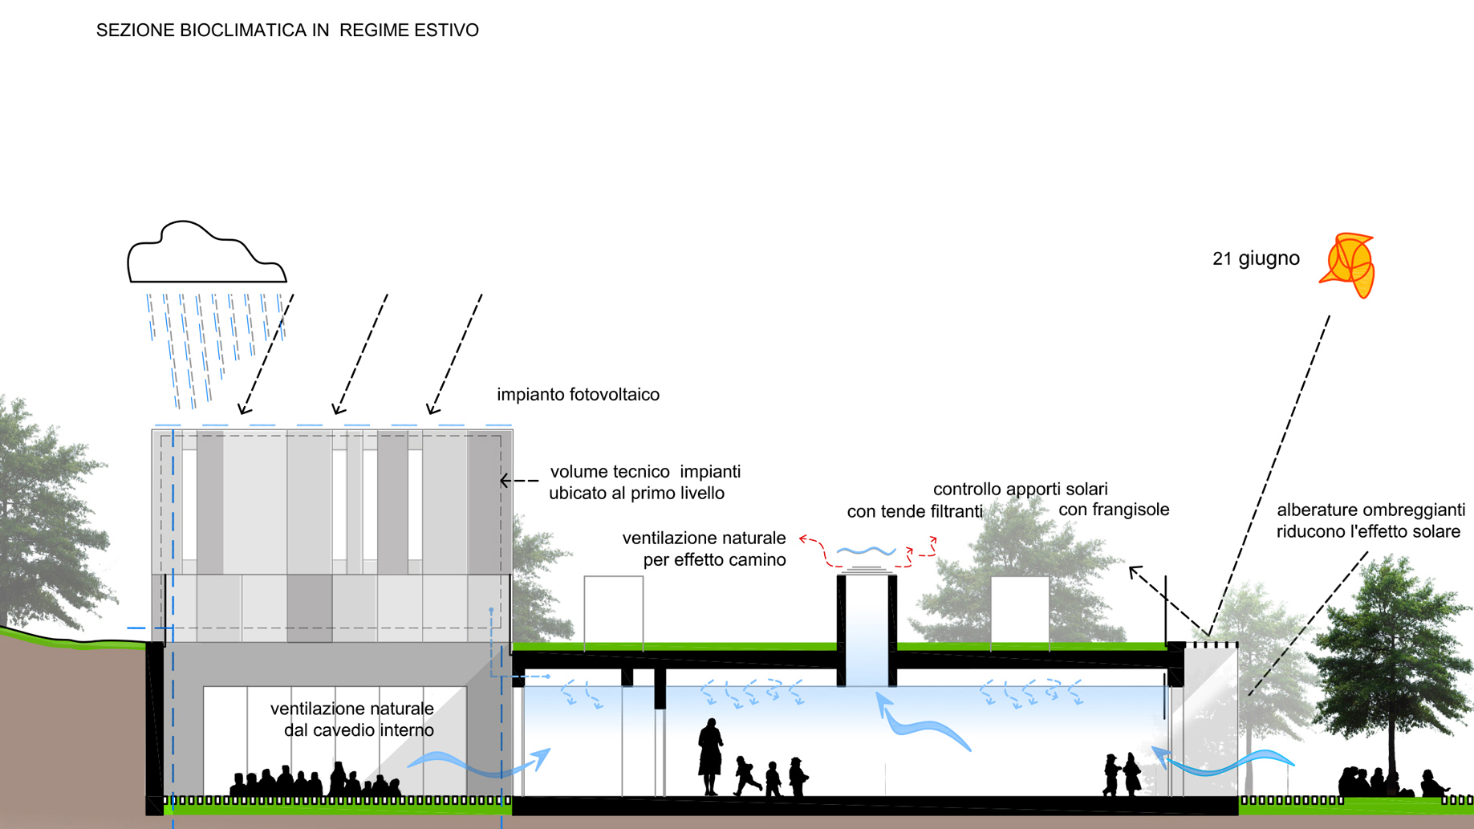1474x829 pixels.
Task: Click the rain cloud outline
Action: (x=206, y=255)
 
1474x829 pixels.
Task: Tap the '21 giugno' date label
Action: (x=1256, y=258)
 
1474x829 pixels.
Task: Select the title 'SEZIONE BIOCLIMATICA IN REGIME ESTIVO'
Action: (x=287, y=30)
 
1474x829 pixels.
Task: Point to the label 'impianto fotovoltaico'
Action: (x=578, y=395)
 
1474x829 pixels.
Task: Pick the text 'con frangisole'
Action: (x=1114, y=510)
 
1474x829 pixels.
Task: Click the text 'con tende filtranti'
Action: (x=915, y=512)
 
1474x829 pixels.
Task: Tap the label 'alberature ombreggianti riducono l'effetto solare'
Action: (x=1370, y=521)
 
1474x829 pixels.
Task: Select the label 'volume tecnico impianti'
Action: (x=645, y=472)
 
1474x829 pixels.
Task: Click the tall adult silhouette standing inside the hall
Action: (x=709, y=756)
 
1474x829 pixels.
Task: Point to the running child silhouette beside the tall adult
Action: (x=746, y=775)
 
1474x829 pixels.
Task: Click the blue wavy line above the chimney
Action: (x=866, y=551)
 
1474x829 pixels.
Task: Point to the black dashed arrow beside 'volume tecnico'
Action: (x=519, y=481)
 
